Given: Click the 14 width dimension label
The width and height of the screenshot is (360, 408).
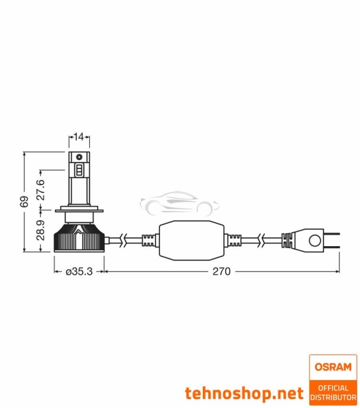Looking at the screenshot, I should click(x=79, y=137).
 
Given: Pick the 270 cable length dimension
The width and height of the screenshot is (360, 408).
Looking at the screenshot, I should click(x=222, y=271).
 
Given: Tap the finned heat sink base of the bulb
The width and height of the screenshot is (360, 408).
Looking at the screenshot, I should click(x=79, y=237).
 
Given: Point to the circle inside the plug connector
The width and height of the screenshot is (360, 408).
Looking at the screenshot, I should click(x=314, y=240).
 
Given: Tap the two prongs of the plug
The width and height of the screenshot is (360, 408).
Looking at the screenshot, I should click(x=334, y=240).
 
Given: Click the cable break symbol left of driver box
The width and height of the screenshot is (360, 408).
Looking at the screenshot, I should click(x=122, y=240).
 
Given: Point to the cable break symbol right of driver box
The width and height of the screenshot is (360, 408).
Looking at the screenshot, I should click(x=261, y=240).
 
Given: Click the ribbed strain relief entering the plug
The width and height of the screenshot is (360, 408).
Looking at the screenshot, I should click(x=285, y=240).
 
